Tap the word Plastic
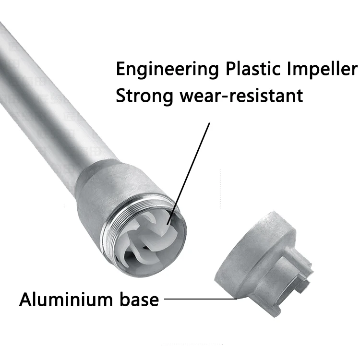point(251,69)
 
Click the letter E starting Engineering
point(120,69)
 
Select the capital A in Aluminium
point(25,300)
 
